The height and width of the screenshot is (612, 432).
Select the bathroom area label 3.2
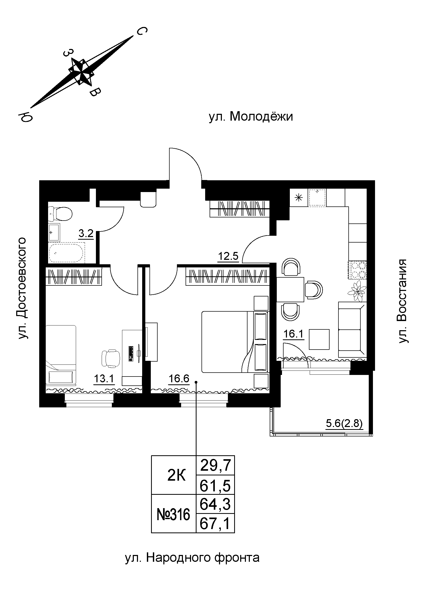tap(86, 234)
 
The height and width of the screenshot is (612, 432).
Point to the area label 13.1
tap(104, 379)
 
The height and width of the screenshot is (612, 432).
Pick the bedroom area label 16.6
tap(179, 378)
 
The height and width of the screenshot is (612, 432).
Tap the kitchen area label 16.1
tap(293, 334)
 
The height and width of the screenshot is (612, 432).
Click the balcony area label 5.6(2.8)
tap(344, 423)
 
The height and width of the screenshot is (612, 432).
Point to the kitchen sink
tap(317, 198)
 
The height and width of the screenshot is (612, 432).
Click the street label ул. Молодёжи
tap(251, 117)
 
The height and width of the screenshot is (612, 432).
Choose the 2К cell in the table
tap(176, 476)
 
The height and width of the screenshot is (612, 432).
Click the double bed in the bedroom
tap(234, 342)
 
